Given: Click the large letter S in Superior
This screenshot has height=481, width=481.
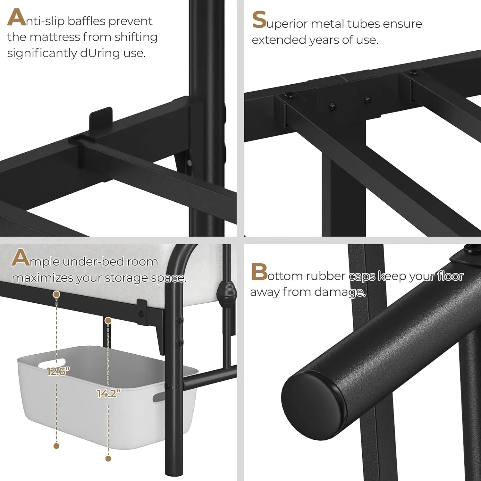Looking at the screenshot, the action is [x=259, y=20].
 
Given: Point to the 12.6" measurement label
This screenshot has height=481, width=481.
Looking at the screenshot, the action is [x=58, y=371].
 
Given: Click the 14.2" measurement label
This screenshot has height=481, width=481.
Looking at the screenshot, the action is [x=109, y=393].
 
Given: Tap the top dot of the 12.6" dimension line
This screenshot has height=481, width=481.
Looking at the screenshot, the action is [x=56, y=294].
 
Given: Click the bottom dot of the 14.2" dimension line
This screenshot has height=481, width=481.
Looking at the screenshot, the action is [x=108, y=459].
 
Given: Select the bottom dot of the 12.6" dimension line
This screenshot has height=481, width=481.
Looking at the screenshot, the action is [x=56, y=446].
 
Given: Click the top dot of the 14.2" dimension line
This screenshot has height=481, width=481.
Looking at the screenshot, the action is [x=108, y=320].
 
